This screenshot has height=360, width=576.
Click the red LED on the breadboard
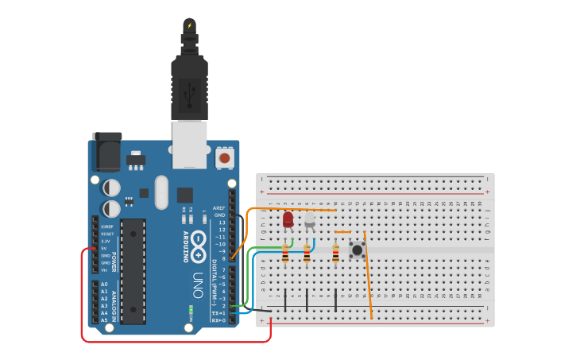(x=288, y=219)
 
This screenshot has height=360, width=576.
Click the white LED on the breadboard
(x=309, y=219)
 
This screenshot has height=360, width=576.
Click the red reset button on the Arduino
(x=225, y=158)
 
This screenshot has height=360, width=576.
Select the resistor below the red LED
(x=285, y=254)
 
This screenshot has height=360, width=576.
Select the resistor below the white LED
(x=307, y=254)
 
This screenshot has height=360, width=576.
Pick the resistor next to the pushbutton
(x=335, y=254)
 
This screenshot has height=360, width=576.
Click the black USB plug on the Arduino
(x=189, y=87)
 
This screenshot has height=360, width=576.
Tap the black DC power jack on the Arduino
(x=106, y=153)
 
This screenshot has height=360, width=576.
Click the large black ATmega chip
(x=133, y=271)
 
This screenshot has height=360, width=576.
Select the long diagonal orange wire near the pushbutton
(x=368, y=278)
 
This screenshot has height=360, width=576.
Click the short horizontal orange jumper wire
(x=342, y=233)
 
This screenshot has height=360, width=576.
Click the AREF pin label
(x=219, y=208)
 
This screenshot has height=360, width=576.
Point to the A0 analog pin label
(x=103, y=284)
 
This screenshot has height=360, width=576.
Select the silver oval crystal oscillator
(x=162, y=192)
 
